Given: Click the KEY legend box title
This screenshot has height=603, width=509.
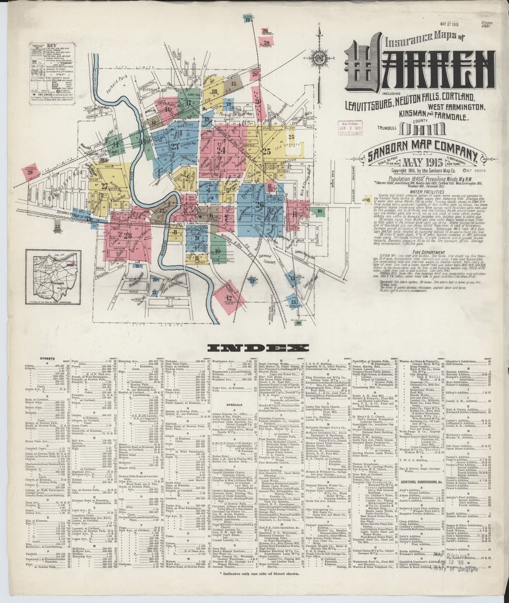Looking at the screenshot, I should pos(51,45).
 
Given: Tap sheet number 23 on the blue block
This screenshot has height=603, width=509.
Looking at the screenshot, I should pos(175,147).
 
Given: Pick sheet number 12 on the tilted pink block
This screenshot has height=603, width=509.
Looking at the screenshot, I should pos(229,298).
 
